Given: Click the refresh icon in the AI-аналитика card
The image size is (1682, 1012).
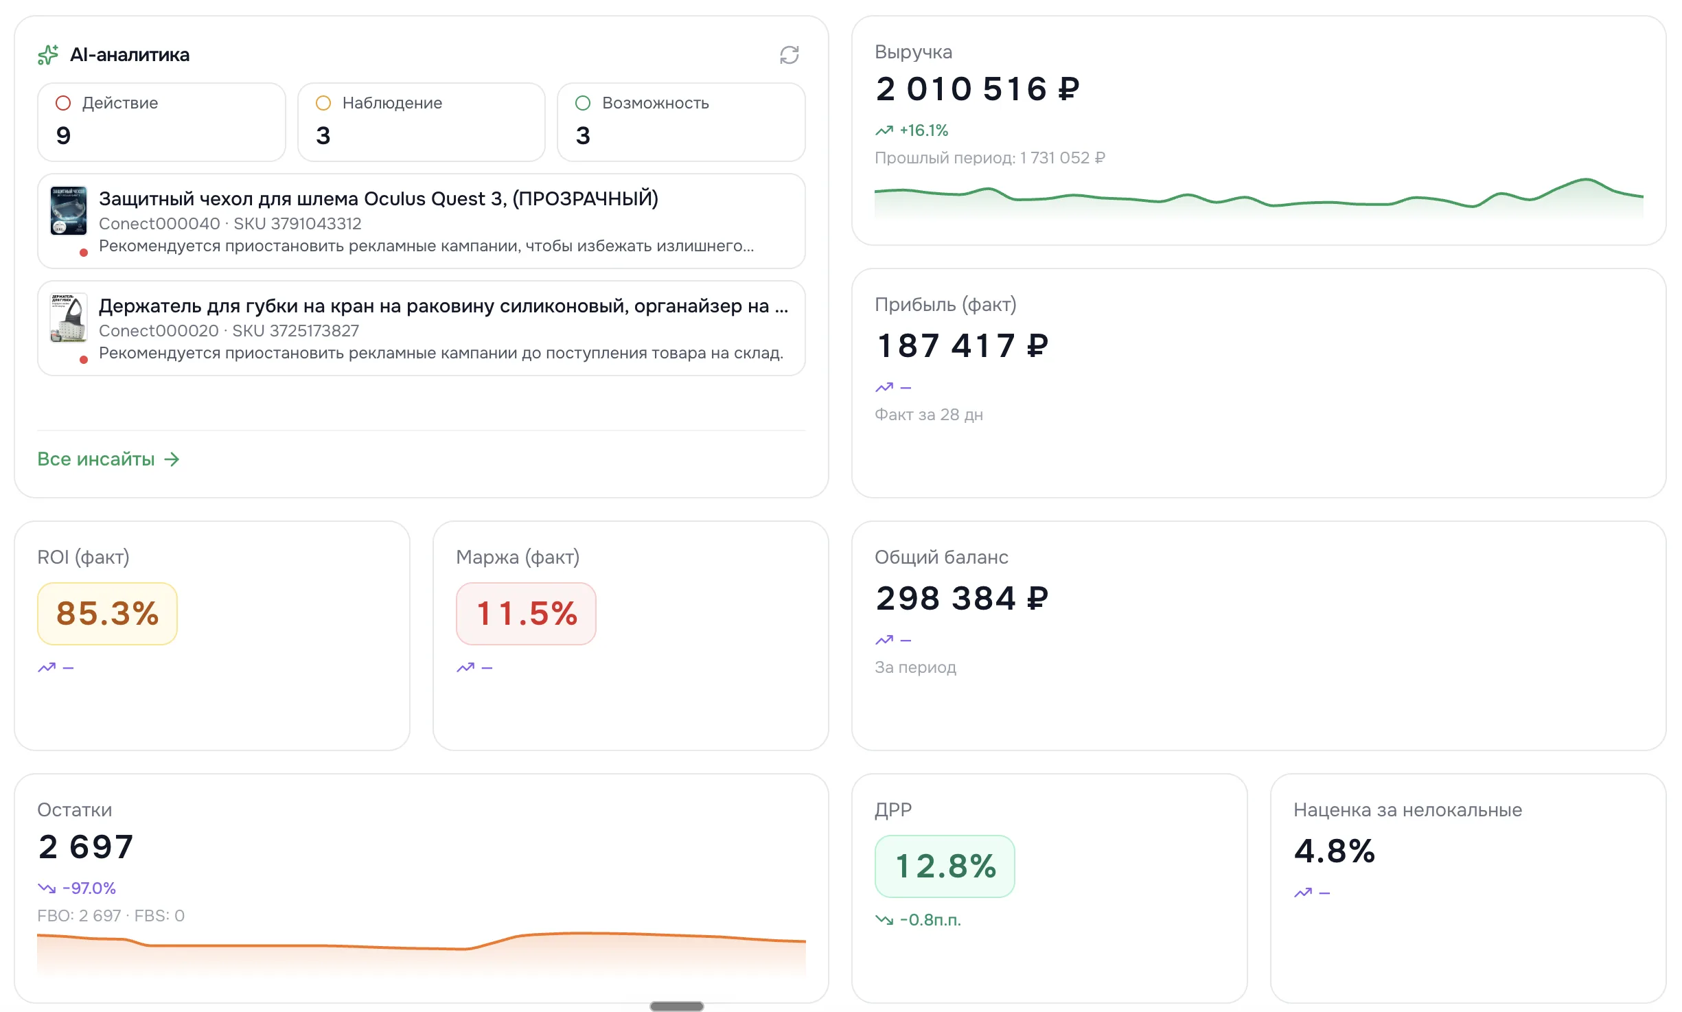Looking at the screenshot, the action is point(789,55).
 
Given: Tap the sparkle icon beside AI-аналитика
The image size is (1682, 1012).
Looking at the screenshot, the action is point(48,55).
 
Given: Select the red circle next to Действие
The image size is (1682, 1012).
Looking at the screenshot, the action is point(63,103).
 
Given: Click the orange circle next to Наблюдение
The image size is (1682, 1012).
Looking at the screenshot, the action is point(323,103).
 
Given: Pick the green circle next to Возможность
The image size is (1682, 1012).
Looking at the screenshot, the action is point(583,103).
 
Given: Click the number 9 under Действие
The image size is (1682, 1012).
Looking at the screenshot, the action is point(63,135).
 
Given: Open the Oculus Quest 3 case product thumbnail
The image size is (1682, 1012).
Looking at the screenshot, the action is point(69,211).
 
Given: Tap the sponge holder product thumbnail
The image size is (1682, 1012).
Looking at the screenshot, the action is point(69,318).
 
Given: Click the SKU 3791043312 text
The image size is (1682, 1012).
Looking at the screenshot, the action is point(297,224).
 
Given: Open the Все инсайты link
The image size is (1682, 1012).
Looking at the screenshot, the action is point(108,459).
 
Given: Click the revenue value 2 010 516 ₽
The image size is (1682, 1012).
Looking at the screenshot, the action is point(978,89).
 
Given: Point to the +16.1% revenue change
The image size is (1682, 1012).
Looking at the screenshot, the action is point(924,130).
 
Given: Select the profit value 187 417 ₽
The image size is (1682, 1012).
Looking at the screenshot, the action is point(963,345).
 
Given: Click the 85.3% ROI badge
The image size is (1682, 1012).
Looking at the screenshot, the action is point(107,614).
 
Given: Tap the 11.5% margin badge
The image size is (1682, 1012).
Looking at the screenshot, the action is point(526,614).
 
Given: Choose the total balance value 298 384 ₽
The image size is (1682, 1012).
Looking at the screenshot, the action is point(963,598).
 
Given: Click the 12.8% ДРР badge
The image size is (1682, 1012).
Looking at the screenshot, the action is point(945,866).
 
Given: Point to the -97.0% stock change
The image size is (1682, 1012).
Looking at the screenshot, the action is point(89,888).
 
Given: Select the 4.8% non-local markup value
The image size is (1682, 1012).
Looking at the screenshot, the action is point(1335,851).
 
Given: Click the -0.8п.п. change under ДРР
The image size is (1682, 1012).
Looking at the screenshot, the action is point(930,920).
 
